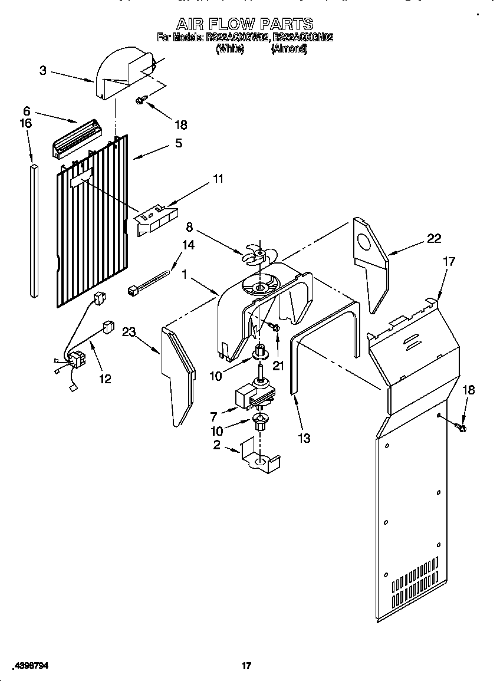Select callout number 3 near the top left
pyautogui.click(x=43, y=71)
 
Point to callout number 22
pyautogui.click(x=433, y=239)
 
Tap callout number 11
pyautogui.click(x=218, y=179)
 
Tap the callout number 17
pyautogui.click(x=449, y=261)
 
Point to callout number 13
pyautogui.click(x=304, y=438)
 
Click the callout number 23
pyautogui.click(x=130, y=331)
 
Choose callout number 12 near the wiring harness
pyautogui.click(x=104, y=379)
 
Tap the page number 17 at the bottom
pyautogui.click(x=246, y=666)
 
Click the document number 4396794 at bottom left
pyautogui.click(x=28, y=666)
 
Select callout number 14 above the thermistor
pyautogui.click(x=188, y=246)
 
